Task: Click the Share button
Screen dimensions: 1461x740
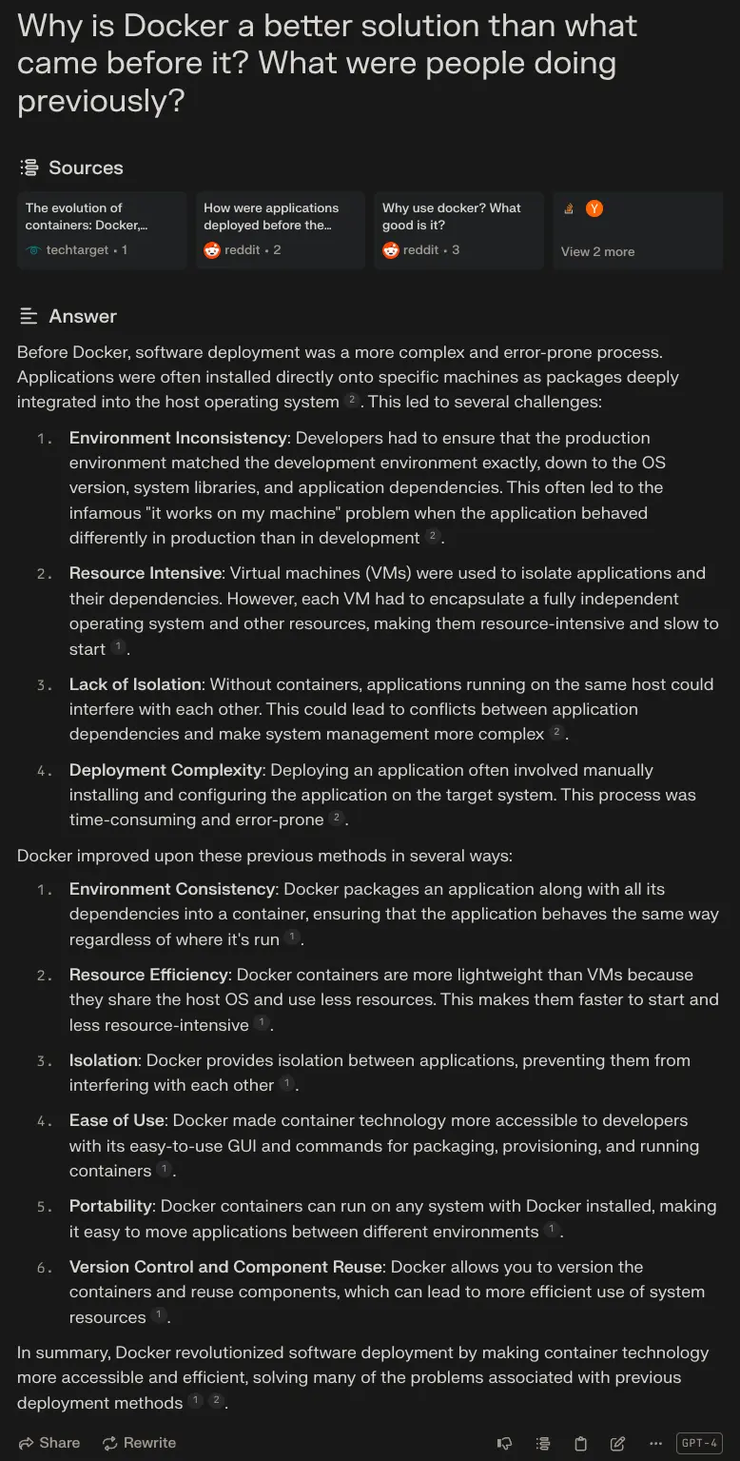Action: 49,1443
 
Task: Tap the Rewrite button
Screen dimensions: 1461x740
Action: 139,1443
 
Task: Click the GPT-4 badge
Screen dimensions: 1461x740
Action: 699,1443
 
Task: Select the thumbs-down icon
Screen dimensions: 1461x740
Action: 505,1443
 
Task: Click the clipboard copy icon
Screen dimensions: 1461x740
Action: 580,1443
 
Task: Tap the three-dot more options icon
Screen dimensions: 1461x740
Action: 654,1443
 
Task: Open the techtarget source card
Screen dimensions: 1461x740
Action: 101,229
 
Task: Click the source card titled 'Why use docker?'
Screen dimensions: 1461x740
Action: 458,229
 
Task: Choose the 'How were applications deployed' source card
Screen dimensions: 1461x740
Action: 280,229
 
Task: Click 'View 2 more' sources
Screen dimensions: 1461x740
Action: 597,251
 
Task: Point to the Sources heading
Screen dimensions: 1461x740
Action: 86,168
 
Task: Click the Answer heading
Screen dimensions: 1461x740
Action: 83,316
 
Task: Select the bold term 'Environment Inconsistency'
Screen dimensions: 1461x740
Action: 178,438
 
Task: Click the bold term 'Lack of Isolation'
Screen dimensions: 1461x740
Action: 135,684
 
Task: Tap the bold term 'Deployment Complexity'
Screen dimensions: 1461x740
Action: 166,770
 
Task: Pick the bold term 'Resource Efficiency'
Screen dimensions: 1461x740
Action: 148,975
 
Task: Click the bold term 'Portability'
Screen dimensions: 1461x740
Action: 110,1206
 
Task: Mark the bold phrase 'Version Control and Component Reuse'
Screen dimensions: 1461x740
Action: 225,1267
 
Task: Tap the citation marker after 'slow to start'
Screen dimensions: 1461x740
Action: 118,647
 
